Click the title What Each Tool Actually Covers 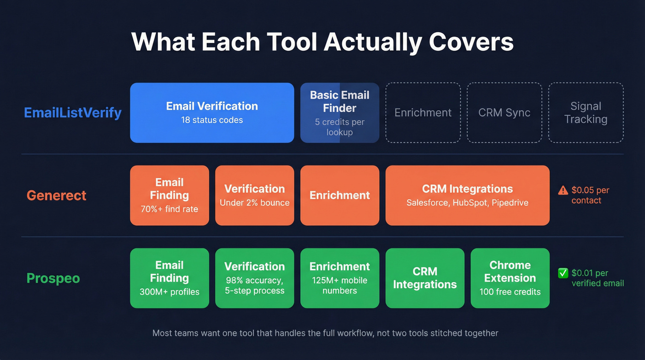click(x=322, y=42)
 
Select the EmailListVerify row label click(x=73, y=112)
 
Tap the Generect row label click(x=56, y=195)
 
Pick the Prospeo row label click(x=53, y=278)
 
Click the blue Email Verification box click(x=212, y=112)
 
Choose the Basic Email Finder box click(x=340, y=112)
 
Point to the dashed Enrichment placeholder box click(x=423, y=112)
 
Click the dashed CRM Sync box click(x=504, y=112)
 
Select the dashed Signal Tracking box click(x=586, y=112)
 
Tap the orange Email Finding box click(x=169, y=195)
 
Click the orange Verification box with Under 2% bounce click(x=254, y=195)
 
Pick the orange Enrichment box click(x=340, y=195)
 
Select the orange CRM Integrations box click(x=467, y=195)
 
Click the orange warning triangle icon click(x=563, y=190)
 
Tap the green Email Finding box click(x=169, y=278)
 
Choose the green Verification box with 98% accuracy click(x=254, y=278)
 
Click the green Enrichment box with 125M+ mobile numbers click(x=340, y=278)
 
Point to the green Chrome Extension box click(x=510, y=278)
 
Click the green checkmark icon click(x=563, y=273)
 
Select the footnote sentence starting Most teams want click(x=325, y=333)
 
